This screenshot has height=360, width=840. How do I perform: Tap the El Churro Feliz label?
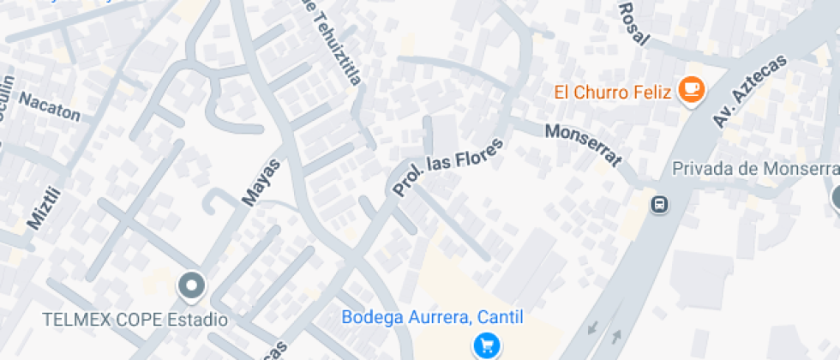coord(612,92)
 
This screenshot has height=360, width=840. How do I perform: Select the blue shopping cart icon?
coord(486,345)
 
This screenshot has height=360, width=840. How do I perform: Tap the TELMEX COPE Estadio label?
coord(135,320)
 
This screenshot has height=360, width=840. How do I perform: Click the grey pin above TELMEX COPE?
coord(191,285)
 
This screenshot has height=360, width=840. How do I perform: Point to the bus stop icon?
coord(660,204)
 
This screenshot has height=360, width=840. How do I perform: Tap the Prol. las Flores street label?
coord(448,165)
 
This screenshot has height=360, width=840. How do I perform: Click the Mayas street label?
coord(261,181)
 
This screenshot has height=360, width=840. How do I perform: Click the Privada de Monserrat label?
coord(754,168)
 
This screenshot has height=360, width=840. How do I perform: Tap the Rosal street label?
coord(633,21)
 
